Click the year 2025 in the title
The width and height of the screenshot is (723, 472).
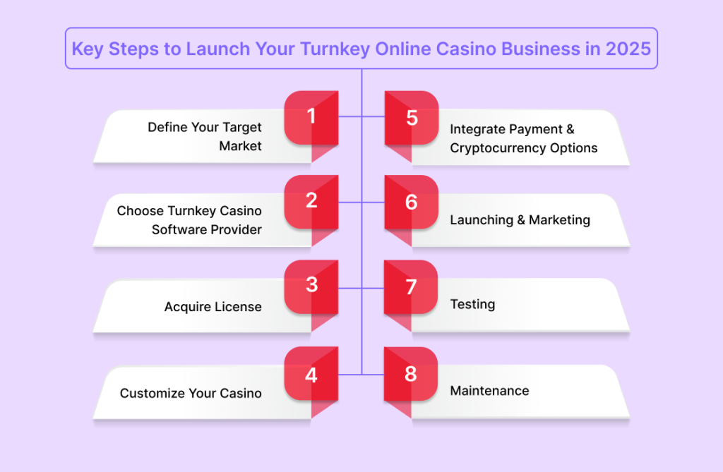pyautogui.click(x=628, y=49)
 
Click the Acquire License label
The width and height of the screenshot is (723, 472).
pyautogui.click(x=213, y=306)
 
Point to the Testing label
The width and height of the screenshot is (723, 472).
pyautogui.click(x=472, y=305)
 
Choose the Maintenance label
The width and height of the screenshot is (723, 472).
pyautogui.click(x=490, y=391)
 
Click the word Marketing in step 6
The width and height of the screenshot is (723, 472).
pyautogui.click(x=559, y=220)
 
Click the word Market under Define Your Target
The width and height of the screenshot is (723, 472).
pyautogui.click(x=240, y=146)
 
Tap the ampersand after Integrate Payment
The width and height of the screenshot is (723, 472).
pyautogui.click(x=570, y=129)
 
